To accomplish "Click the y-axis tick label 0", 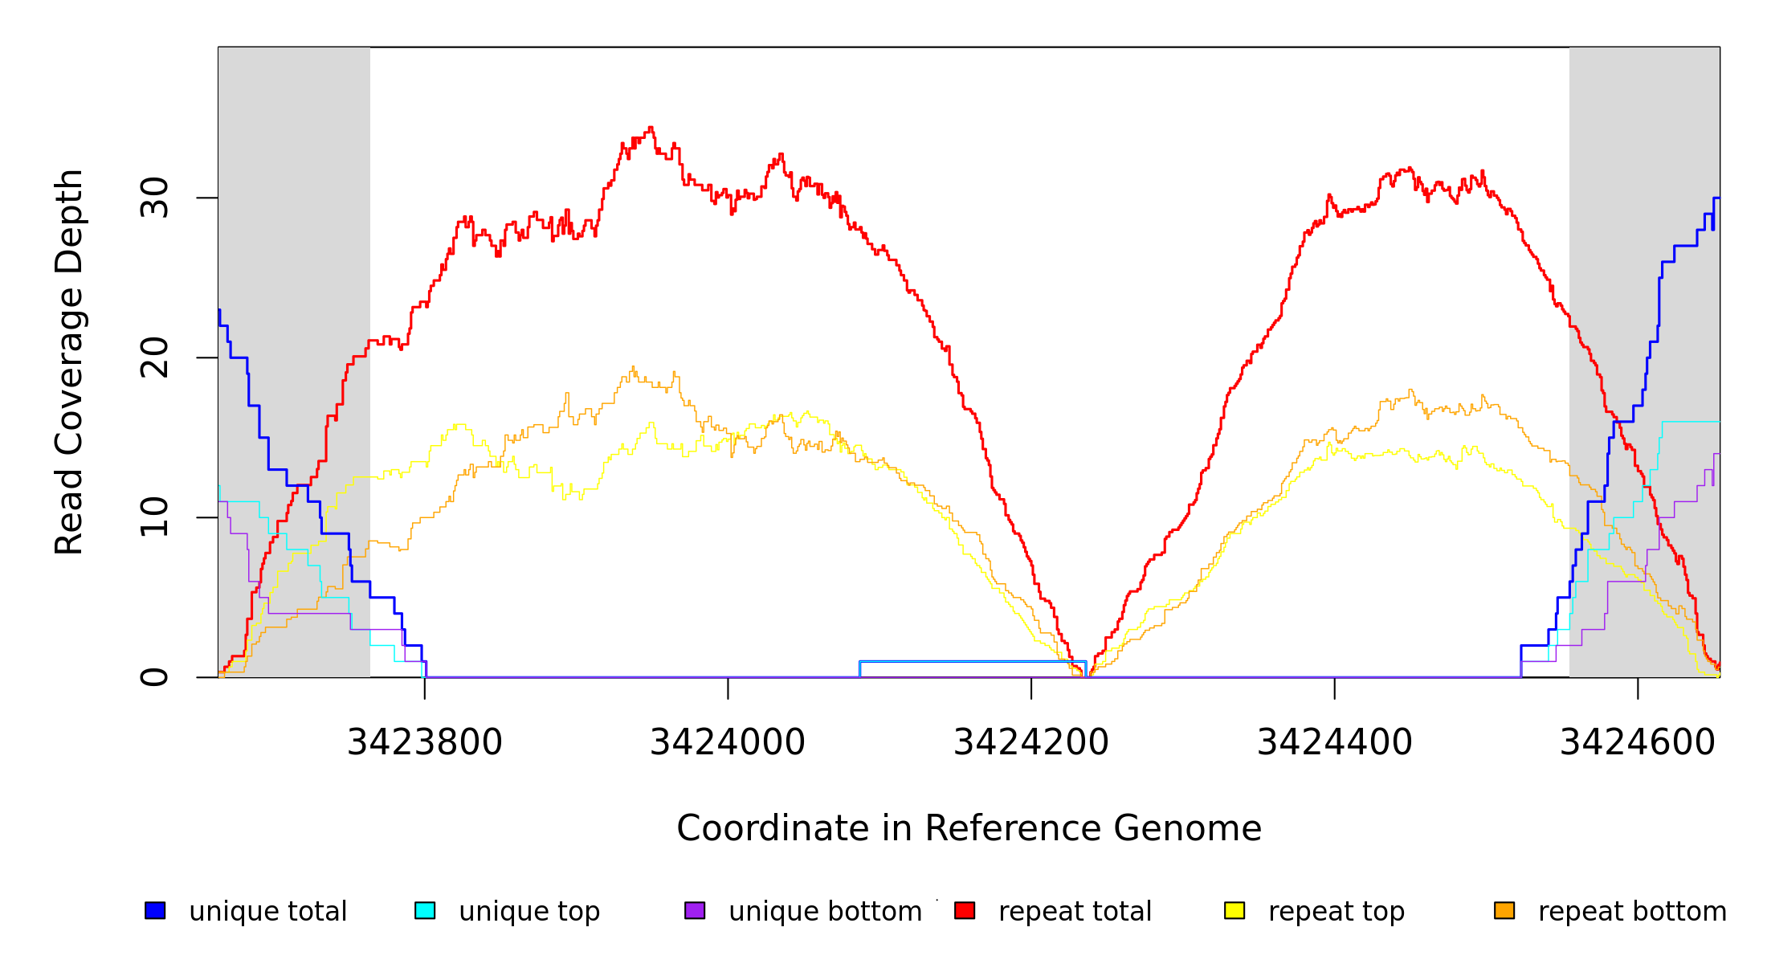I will (x=155, y=677).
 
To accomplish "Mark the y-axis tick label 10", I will (x=155, y=517).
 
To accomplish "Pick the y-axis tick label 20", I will (x=155, y=357).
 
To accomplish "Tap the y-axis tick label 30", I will (x=155, y=198).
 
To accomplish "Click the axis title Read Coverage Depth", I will (x=69, y=361).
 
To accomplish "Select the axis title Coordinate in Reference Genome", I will (x=969, y=829).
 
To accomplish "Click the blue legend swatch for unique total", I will (x=155, y=911).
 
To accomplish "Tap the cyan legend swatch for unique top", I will (x=425, y=911).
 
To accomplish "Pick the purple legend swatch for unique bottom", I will (x=695, y=911).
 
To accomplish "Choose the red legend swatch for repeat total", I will (x=965, y=911).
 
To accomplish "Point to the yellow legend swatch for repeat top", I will (x=1234, y=911).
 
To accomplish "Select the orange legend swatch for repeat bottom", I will (x=1504, y=911).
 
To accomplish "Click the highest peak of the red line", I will (x=651, y=128).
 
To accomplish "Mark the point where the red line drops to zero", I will (x=1087, y=676).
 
